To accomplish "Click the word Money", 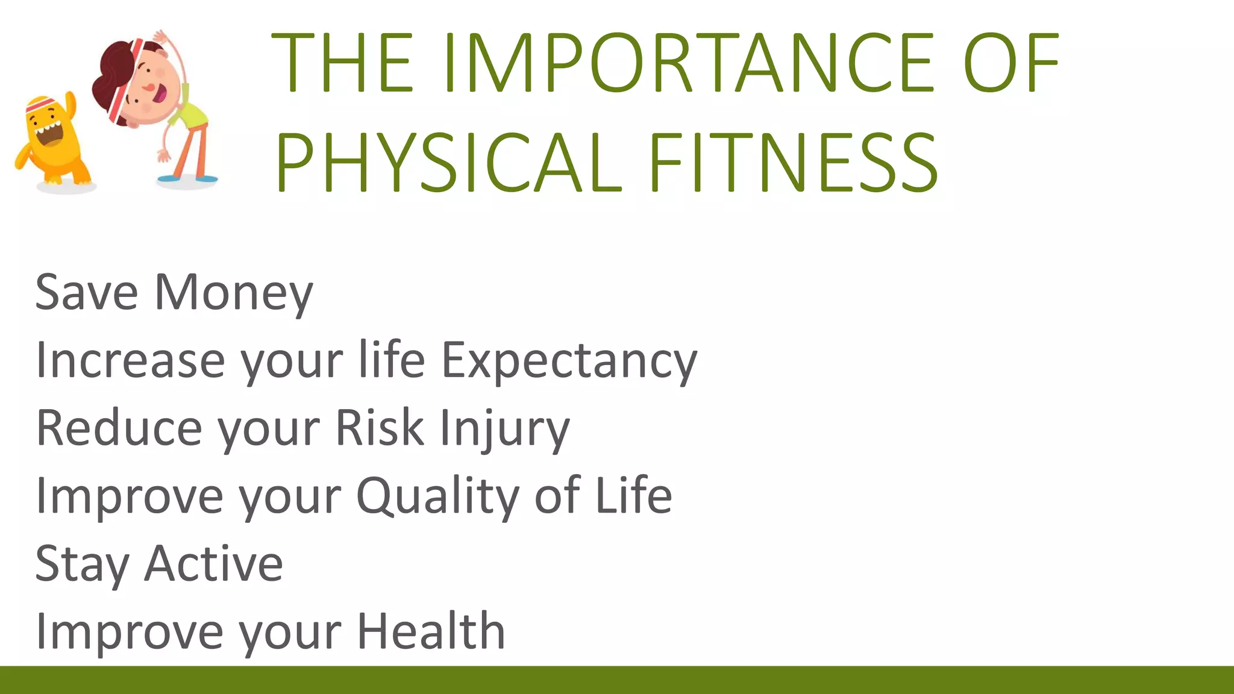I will point(234,293).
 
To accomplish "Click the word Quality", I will point(439,496).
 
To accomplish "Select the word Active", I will point(214,564).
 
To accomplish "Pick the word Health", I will point(431,631).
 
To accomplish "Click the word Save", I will point(87,293).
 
